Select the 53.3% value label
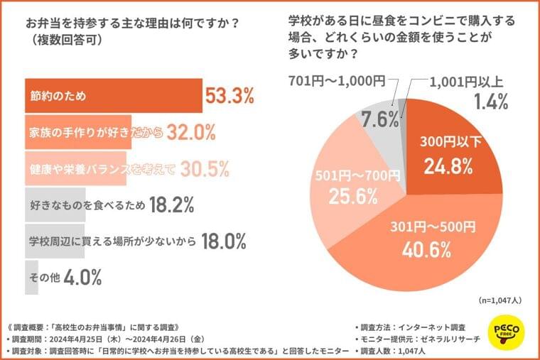pos(229,95)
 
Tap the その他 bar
pos(32,278)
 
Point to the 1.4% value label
pos(490,102)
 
